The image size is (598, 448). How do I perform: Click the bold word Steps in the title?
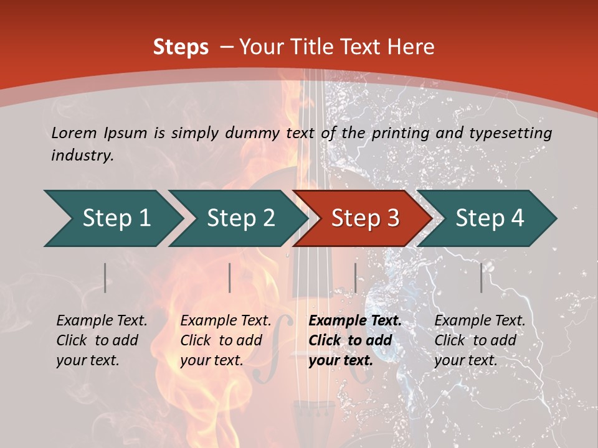(x=181, y=47)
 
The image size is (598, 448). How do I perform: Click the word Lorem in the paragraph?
(x=74, y=133)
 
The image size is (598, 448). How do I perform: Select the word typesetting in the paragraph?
(x=514, y=133)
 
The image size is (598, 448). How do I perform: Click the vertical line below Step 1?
(x=105, y=278)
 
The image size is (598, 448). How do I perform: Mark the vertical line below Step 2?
(x=230, y=278)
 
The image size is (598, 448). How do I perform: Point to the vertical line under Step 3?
(x=355, y=278)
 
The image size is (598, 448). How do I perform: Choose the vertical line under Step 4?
(x=482, y=278)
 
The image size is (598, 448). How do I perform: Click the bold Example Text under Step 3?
(x=355, y=320)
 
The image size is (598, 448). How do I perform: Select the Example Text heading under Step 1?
(x=102, y=320)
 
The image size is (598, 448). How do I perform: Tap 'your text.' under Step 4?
(x=465, y=360)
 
